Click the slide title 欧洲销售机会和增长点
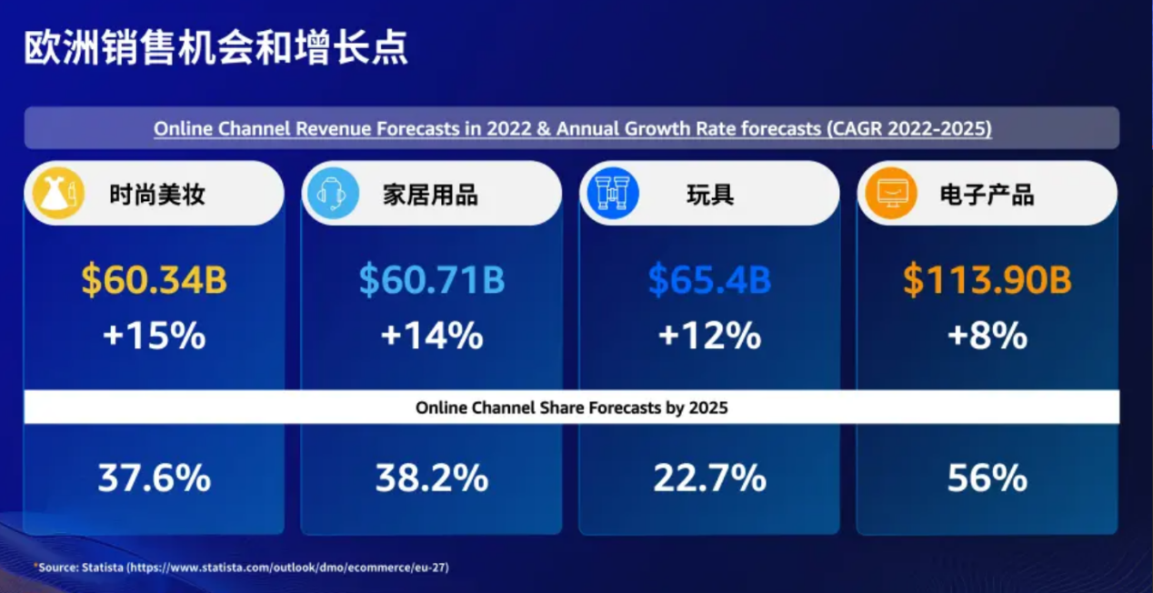[x=216, y=48]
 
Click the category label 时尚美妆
[x=156, y=195]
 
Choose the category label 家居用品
[x=430, y=195]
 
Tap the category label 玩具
[x=710, y=195]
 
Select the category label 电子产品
[x=987, y=195]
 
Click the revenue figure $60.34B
[x=154, y=281]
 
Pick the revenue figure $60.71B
[x=431, y=281]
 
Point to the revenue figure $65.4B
[x=709, y=281]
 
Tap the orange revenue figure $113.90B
[x=987, y=281]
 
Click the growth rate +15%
[x=154, y=336]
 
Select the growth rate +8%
[x=987, y=336]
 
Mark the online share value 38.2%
[x=431, y=478]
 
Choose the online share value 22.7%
[x=709, y=478]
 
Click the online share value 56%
[x=987, y=478]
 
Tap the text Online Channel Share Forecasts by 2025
[x=571, y=408]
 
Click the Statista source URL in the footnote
[x=287, y=568]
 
